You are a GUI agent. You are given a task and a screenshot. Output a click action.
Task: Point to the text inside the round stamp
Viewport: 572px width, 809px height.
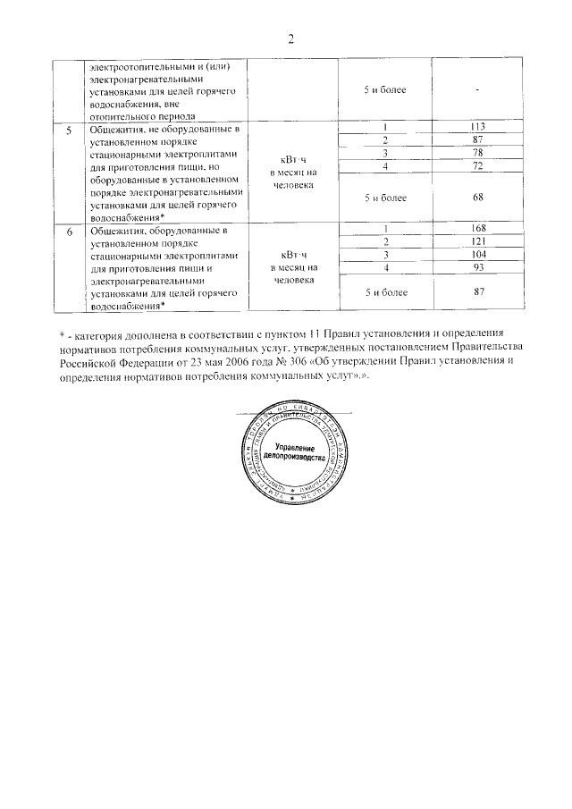pyautogui.click(x=291, y=451)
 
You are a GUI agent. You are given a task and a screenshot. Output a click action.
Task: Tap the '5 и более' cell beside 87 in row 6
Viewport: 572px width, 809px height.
pyautogui.click(x=384, y=292)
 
